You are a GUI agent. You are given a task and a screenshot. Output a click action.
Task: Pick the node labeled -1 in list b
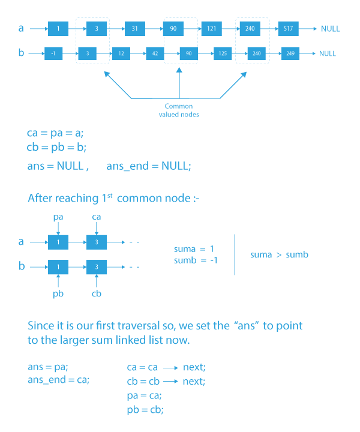point(53,53)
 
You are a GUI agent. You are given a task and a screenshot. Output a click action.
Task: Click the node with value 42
point(155,53)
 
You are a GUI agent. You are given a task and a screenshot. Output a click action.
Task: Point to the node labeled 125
point(223,53)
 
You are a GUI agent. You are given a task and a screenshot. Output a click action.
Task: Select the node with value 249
point(290,53)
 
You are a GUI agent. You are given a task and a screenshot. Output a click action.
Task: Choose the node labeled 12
point(121,53)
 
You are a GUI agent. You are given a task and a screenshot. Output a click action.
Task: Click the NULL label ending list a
point(330,29)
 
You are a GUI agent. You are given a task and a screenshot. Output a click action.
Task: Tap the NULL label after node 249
point(328,53)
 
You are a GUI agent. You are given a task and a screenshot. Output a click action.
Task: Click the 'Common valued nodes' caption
point(179,110)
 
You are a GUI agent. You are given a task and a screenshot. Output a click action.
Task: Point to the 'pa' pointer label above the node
point(58,215)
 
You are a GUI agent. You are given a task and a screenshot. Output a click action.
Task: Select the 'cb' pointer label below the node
point(97,294)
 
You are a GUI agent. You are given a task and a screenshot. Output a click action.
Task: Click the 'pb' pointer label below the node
point(58,294)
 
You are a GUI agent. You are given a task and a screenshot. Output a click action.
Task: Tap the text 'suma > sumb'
point(279,254)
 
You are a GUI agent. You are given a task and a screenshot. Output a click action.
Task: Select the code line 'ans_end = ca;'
point(59,380)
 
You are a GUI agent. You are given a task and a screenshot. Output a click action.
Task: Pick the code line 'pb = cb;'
point(145,409)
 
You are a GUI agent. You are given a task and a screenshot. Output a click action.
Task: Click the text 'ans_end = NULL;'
point(149,166)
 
